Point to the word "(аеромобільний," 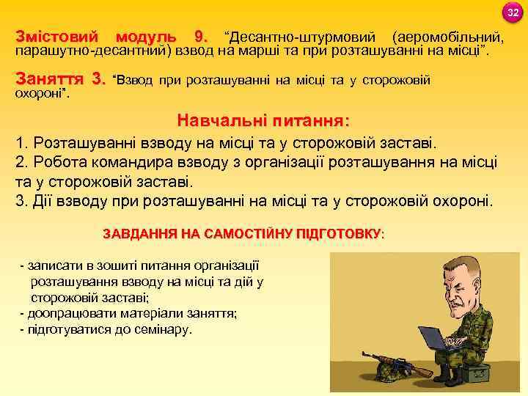click(448, 37)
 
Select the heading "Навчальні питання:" click(263, 120)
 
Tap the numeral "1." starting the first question click(22, 142)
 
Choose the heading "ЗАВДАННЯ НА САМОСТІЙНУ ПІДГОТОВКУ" click(241, 234)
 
